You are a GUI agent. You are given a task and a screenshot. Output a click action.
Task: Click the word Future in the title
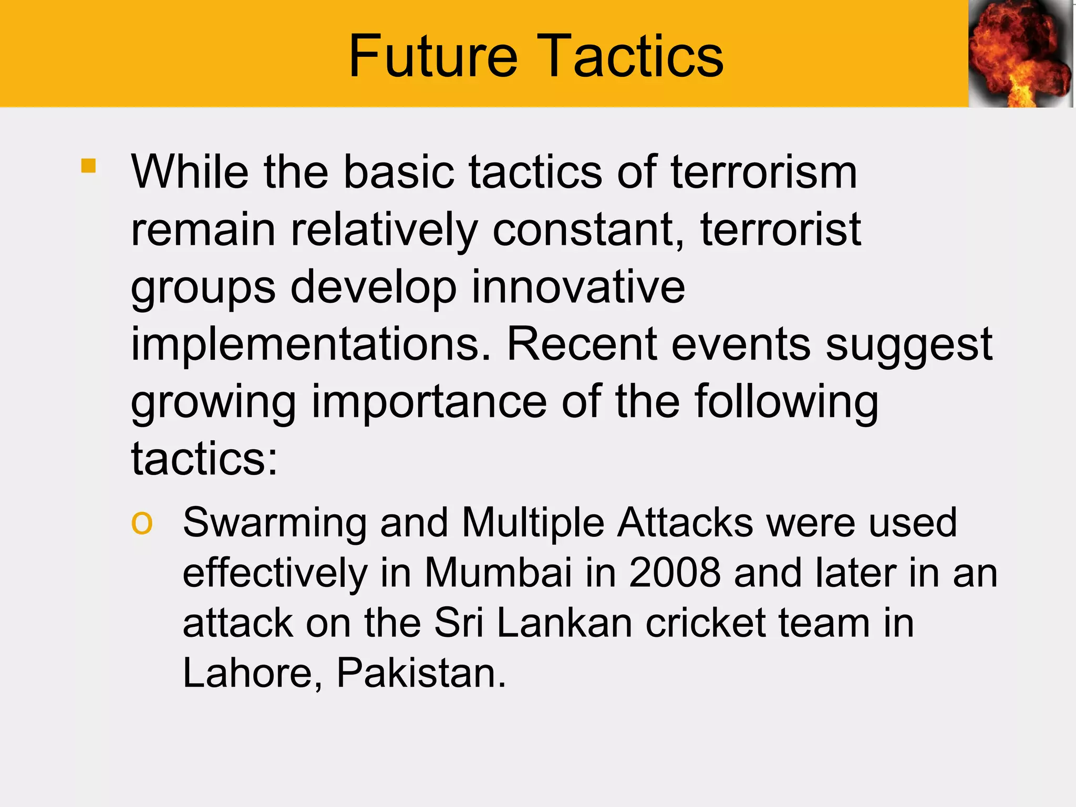[x=433, y=56]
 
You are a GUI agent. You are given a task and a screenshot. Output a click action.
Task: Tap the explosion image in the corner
[x=1020, y=54]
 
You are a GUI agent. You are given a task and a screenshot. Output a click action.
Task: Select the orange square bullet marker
[x=89, y=166]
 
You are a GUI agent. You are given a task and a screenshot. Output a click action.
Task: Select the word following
[x=786, y=403]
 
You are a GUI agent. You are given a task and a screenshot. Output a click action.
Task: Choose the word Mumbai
[x=498, y=573]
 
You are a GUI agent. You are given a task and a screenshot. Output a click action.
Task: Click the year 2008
[x=675, y=573]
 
